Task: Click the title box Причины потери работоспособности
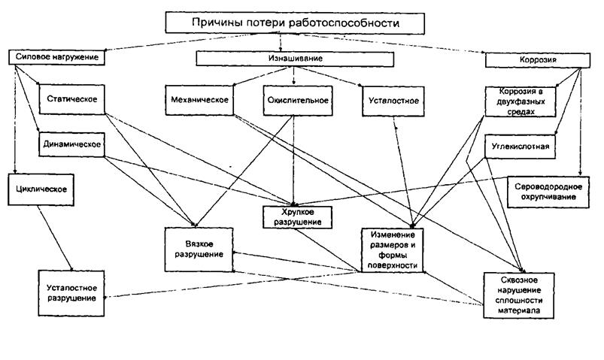(x=295, y=23)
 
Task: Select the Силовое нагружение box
(x=56, y=57)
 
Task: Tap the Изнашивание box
(x=295, y=59)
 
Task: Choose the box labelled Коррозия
(x=538, y=60)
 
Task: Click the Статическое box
(x=72, y=99)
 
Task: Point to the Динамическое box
(x=71, y=145)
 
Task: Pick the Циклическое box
(x=41, y=189)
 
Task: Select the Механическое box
(x=199, y=101)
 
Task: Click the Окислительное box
(x=298, y=101)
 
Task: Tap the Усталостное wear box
(x=393, y=101)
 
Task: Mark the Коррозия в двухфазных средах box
(x=521, y=101)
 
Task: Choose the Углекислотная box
(x=520, y=147)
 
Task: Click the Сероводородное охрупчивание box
(x=548, y=192)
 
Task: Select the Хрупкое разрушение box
(x=297, y=217)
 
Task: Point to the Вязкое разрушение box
(x=199, y=250)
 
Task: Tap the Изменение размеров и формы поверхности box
(x=393, y=250)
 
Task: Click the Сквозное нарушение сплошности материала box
(x=519, y=295)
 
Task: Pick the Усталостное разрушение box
(x=71, y=293)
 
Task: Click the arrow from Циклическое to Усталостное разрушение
(x=55, y=238)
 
